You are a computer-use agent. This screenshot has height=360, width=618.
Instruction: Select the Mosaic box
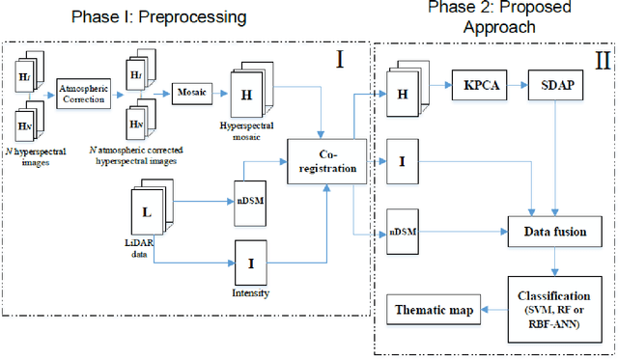pyautogui.click(x=192, y=93)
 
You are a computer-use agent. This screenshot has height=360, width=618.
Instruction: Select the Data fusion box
pyautogui.click(x=555, y=232)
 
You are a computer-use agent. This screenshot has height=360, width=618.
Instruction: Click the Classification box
pyautogui.click(x=555, y=309)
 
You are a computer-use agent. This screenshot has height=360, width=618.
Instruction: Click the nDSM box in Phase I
pyautogui.click(x=250, y=200)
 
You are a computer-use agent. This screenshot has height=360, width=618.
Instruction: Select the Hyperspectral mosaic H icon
pyautogui.click(x=247, y=97)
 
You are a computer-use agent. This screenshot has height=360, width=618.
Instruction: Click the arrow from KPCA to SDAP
pyautogui.click(x=515, y=85)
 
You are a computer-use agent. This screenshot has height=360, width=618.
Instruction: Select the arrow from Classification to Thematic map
pyautogui.click(x=493, y=310)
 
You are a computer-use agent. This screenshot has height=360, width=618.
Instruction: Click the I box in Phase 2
pyautogui.click(x=402, y=157)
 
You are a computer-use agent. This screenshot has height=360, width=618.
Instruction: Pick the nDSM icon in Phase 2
pyautogui.click(x=402, y=232)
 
